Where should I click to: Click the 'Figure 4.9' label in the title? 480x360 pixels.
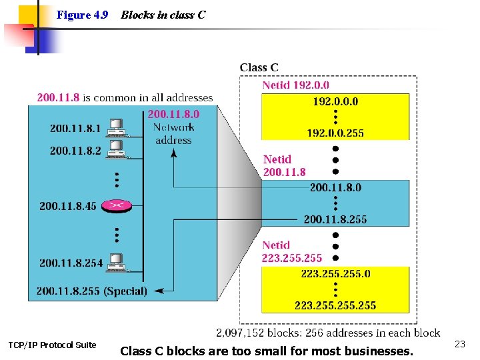(82, 15)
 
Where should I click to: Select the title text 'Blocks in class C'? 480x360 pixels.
(163, 15)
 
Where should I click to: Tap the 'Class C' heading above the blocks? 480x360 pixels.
(259, 67)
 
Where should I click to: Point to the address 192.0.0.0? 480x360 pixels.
(335, 101)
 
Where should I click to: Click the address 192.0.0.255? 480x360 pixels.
(335, 133)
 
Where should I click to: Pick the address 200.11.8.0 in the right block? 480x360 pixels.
(335, 187)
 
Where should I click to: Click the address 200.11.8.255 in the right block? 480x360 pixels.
(335, 219)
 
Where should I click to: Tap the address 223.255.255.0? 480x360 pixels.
(335, 273)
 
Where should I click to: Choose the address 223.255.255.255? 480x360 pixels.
(335, 305)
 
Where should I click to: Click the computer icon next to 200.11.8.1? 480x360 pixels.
(117, 126)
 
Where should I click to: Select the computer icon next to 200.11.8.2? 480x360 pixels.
(117, 147)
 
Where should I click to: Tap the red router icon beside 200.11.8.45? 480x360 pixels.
(116, 205)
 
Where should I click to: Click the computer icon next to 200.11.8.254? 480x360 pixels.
(117, 261)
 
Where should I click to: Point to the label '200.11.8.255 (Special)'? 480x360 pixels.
(92, 291)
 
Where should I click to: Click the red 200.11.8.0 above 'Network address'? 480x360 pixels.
(173, 114)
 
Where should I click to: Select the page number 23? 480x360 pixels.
(459, 344)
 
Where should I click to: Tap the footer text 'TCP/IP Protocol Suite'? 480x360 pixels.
(52, 345)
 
